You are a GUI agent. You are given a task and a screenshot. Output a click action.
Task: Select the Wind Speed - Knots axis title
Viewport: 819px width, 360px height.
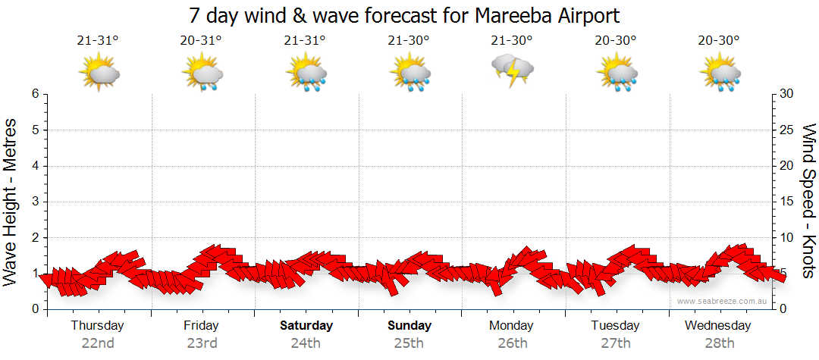pos(808,202)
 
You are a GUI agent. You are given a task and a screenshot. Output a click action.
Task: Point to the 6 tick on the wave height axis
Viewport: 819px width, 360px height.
pos(34,94)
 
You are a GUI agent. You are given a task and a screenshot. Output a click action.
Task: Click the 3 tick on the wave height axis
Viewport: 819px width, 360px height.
pos(34,202)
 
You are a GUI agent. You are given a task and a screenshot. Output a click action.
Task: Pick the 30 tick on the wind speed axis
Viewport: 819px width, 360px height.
pos(787,94)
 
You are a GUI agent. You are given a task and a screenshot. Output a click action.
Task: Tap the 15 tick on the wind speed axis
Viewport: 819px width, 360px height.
pos(787,202)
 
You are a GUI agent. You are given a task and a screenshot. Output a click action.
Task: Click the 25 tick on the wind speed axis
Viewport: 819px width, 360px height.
pos(787,130)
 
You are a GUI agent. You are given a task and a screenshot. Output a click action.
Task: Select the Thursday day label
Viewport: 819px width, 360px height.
pos(98,325)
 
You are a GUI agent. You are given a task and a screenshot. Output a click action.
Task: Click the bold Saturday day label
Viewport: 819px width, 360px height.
pos(306,325)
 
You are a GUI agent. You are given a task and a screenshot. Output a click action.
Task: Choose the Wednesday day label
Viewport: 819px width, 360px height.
pos(717,325)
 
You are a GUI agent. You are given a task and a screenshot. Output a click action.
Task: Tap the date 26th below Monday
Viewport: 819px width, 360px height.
pos(513,343)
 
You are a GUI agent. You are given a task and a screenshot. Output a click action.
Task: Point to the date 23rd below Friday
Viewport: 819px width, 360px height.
pos(202,343)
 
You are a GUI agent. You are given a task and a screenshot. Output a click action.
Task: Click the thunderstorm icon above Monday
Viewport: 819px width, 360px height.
pos(513,70)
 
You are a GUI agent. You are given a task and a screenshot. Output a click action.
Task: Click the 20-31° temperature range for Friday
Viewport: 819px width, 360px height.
pos(202,40)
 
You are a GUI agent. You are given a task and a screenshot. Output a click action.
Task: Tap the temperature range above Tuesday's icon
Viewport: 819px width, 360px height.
pos(616,40)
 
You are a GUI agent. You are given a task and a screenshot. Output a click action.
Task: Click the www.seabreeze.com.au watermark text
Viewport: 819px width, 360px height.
pos(723,301)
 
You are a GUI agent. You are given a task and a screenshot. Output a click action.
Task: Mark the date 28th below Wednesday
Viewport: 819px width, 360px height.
pos(720,343)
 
